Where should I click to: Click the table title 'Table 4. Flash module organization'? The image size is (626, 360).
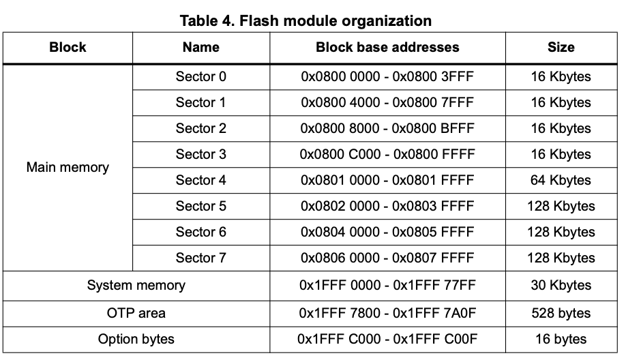pyautogui.click(x=305, y=20)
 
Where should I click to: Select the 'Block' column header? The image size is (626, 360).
pyautogui.click(x=68, y=47)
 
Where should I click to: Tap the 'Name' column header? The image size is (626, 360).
pyautogui.click(x=200, y=47)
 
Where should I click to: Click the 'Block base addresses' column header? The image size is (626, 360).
pyautogui.click(x=387, y=47)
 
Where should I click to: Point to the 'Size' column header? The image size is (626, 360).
pyautogui.click(x=561, y=47)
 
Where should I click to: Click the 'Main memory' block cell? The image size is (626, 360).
pyautogui.click(x=68, y=167)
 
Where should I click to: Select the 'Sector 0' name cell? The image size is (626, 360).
pyautogui.click(x=200, y=76)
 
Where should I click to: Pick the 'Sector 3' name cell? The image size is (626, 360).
pyautogui.click(x=200, y=154)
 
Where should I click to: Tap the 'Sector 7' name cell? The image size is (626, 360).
pyautogui.click(x=200, y=258)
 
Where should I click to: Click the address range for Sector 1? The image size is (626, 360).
pyautogui.click(x=387, y=102)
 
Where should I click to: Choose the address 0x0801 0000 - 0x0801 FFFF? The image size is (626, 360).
pyautogui.click(x=387, y=180)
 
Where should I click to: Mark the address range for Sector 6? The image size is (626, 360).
pyautogui.click(x=387, y=232)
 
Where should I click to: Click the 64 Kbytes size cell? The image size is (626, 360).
pyautogui.click(x=561, y=180)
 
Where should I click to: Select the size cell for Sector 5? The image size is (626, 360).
pyautogui.click(x=561, y=206)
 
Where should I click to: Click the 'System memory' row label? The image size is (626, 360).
pyautogui.click(x=136, y=285)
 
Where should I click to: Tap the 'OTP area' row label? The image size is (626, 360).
pyautogui.click(x=136, y=313)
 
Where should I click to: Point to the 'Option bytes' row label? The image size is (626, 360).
pyautogui.click(x=136, y=339)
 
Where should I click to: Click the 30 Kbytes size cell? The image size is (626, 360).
pyautogui.click(x=561, y=285)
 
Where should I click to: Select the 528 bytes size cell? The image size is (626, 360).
pyautogui.click(x=561, y=313)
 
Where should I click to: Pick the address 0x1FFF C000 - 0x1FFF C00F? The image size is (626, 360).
pyautogui.click(x=387, y=339)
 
